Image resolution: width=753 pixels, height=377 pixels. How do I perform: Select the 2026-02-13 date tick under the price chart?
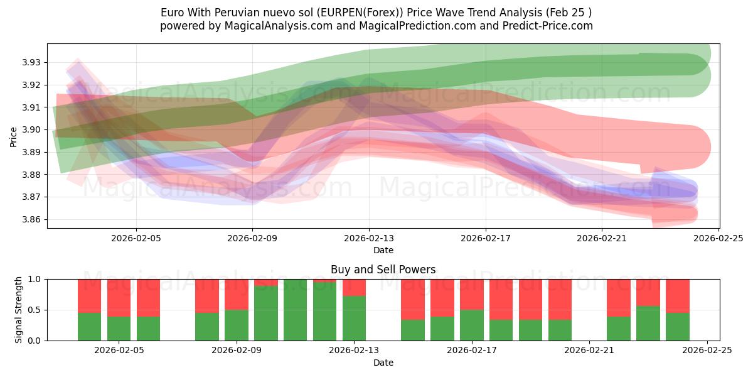point(369,238)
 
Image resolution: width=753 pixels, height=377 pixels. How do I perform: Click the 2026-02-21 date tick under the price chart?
point(602,238)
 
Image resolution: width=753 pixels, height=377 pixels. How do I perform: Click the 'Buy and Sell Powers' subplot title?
point(383,270)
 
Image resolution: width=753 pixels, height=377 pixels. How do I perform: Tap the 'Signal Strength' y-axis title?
point(19,310)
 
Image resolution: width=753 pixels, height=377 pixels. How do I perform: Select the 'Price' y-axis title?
point(14,136)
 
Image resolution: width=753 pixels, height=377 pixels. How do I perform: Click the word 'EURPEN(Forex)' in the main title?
point(351,13)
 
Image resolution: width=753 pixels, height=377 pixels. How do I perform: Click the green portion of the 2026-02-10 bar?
point(266,314)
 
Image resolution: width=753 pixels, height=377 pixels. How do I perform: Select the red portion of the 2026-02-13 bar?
point(354,287)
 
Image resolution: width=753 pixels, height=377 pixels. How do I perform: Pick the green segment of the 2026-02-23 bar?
point(648,324)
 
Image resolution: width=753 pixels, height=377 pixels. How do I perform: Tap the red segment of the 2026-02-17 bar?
point(472,294)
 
